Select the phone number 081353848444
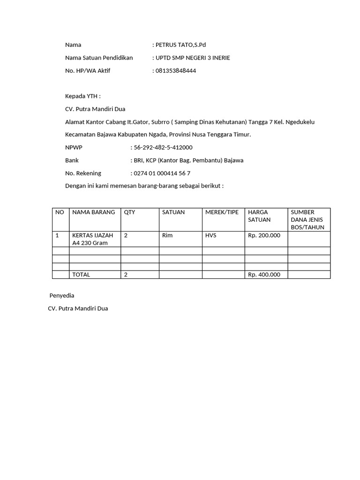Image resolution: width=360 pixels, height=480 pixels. pyautogui.click(x=175, y=71)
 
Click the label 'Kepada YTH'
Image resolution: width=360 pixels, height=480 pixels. pyautogui.click(x=82, y=97)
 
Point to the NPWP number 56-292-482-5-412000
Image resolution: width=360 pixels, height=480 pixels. pyautogui.click(x=163, y=148)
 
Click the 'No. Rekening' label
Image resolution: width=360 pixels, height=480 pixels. pyautogui.click(x=83, y=173)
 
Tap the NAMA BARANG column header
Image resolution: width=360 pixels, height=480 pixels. pyautogui.click(x=94, y=212)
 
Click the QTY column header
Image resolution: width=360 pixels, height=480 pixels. pyautogui.click(x=129, y=212)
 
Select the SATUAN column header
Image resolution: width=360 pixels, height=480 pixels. pyautogui.click(x=173, y=212)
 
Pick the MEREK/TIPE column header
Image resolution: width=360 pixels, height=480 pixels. pyautogui.click(x=222, y=212)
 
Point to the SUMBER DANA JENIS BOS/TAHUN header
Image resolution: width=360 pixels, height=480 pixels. pyautogui.click(x=307, y=220)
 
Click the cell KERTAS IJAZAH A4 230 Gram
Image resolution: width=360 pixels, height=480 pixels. pyautogui.click(x=92, y=239)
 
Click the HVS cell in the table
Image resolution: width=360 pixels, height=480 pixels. pyautogui.click(x=211, y=235)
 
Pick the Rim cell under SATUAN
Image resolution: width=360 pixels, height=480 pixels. pyautogui.click(x=167, y=235)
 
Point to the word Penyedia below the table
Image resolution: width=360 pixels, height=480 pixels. pyautogui.click(x=62, y=296)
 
